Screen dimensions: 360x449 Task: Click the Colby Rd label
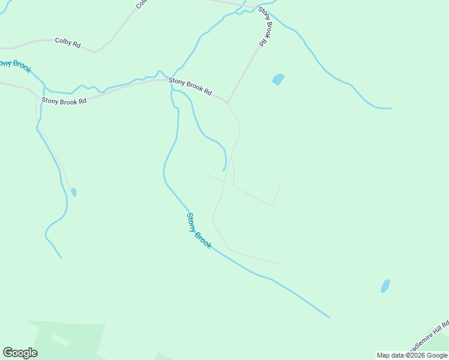pyautogui.click(x=67, y=42)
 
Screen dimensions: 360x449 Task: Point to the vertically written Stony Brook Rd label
pyautogui.click(x=263, y=27)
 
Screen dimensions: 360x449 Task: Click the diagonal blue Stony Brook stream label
pyautogui.click(x=199, y=231)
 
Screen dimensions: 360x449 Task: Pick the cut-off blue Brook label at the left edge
pyautogui.click(x=16, y=65)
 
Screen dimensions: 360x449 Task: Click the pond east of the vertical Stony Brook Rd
pyautogui.click(x=278, y=79)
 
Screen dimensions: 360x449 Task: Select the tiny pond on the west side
pyautogui.click(x=74, y=192)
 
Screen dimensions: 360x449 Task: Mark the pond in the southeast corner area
pyautogui.click(x=385, y=286)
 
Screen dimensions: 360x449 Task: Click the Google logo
pyautogui.click(x=20, y=352)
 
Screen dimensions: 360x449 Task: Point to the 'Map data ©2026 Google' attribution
pyautogui.click(x=412, y=355)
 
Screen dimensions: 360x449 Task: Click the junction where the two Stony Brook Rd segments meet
pyautogui.click(x=227, y=103)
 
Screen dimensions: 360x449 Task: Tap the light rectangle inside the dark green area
pyautogui.click(x=60, y=340)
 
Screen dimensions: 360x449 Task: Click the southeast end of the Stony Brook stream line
pyautogui.click(x=329, y=317)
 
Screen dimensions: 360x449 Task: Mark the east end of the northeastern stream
pyautogui.click(x=391, y=109)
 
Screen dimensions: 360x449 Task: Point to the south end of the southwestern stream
pyautogui.click(x=61, y=258)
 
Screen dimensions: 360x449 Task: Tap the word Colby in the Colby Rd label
pyautogui.click(x=64, y=41)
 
